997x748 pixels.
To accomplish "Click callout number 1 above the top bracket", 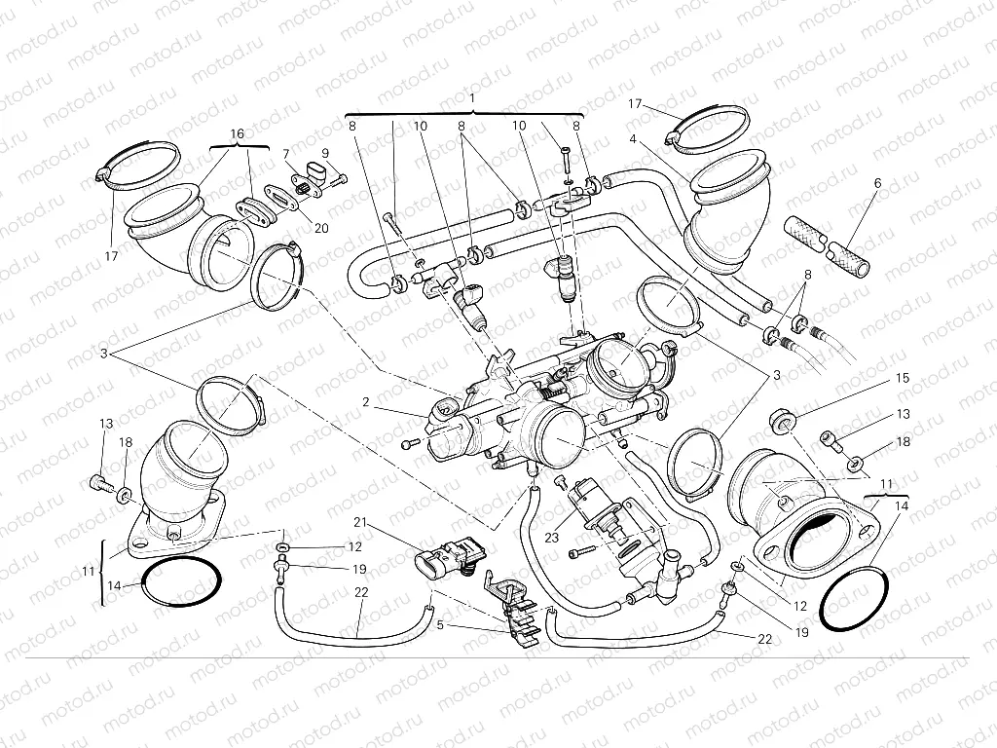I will point(471,98).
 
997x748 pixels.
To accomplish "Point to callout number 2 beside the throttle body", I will point(366,400).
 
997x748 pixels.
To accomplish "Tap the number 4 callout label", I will point(633,139).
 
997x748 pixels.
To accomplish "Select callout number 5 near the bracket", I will point(439,624).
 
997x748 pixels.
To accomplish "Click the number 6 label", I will point(876,182).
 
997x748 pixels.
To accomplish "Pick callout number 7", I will point(286,154).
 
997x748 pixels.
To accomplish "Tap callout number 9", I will point(325,153).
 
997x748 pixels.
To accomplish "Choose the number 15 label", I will point(903,377).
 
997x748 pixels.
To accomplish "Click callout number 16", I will point(237,132).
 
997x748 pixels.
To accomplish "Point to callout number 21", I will point(359,523).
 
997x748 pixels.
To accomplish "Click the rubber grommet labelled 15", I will point(781,421).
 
